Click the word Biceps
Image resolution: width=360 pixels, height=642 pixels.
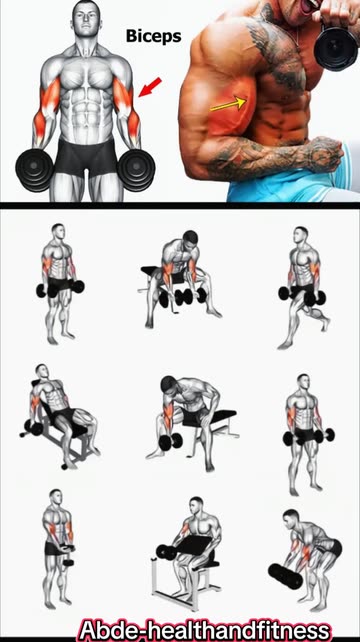pyautogui.click(x=153, y=36)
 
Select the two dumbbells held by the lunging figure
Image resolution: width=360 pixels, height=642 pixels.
pyautogui.click(x=299, y=296)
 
